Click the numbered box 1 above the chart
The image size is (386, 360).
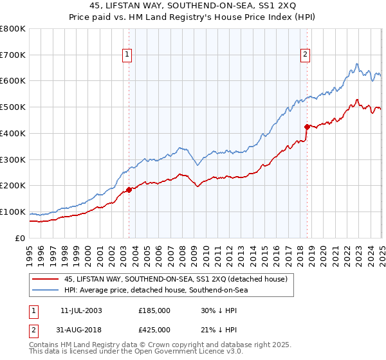(x=127, y=55)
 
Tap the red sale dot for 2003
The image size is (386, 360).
(x=129, y=190)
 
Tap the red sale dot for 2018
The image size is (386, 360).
(x=307, y=127)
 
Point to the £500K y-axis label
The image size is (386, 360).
(x=14, y=107)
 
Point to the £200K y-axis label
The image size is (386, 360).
(x=14, y=185)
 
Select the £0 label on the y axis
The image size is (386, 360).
(x=21, y=238)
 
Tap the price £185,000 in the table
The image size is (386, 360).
(x=154, y=310)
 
